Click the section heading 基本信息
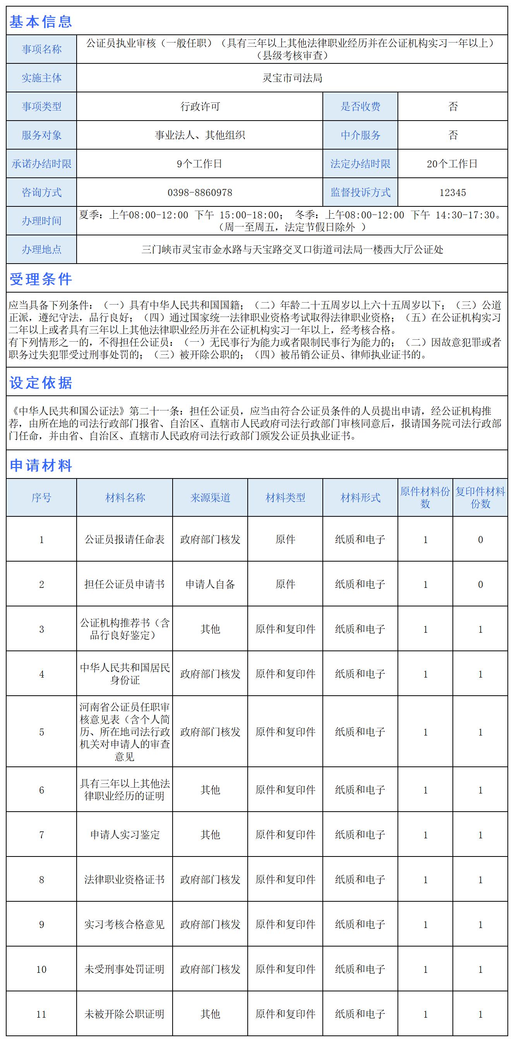[x=41, y=21]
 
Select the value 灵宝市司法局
[x=292, y=78]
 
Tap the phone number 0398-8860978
[x=200, y=192]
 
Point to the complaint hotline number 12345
[x=452, y=192]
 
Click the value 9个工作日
[x=200, y=164]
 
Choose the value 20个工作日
[x=452, y=164]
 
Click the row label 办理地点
[x=41, y=250]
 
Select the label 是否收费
[x=360, y=106]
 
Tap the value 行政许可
[x=200, y=106]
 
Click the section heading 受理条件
[x=41, y=279]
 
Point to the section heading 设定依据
[x=41, y=383]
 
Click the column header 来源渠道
[x=210, y=497]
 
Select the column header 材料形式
[x=360, y=497]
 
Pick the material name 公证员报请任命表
[x=124, y=539]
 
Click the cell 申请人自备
[x=210, y=584]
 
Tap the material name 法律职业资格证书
[x=124, y=879]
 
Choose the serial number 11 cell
[x=41, y=1014]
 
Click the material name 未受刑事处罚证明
[x=124, y=969]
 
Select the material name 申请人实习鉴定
[x=124, y=834]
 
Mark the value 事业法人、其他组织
[x=200, y=135]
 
